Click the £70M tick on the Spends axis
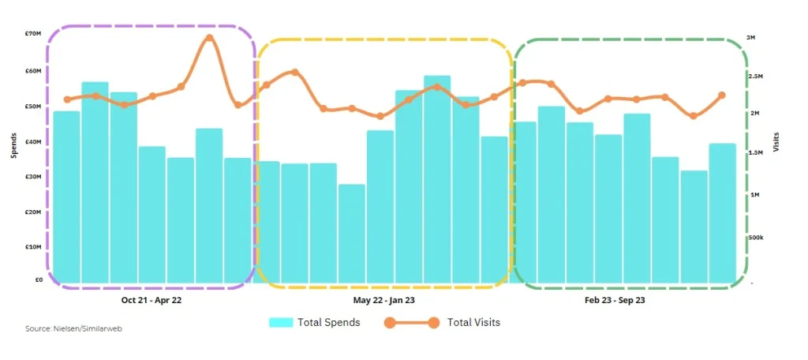pos(32,34)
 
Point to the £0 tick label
pos(37,279)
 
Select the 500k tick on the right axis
pos(755,237)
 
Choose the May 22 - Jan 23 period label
pos(383,301)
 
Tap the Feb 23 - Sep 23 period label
pos(615,301)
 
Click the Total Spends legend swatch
pos(281,322)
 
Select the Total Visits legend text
pos(473,322)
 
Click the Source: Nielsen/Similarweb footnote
pos(68,328)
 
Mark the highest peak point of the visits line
pos(209,37)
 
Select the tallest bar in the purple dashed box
pos(95,182)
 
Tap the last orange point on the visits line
pos(721,96)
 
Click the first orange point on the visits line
pos(66,99)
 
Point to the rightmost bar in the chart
pos(721,213)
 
